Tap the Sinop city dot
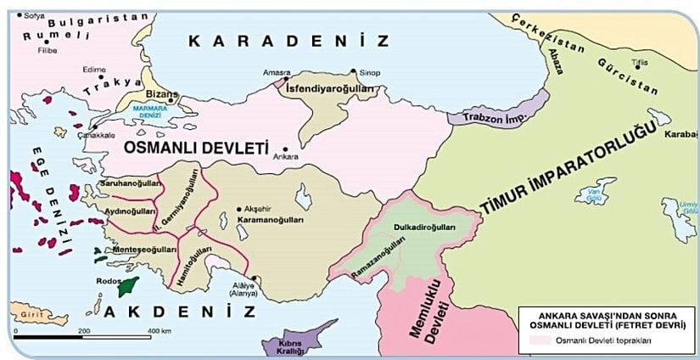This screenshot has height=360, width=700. [354, 72]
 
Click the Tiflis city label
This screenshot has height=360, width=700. [626, 40]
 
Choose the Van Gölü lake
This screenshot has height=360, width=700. [595, 192]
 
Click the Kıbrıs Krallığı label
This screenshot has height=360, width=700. [290, 346]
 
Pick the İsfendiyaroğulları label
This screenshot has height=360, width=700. [328, 87]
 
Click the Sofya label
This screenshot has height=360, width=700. [35, 15]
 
